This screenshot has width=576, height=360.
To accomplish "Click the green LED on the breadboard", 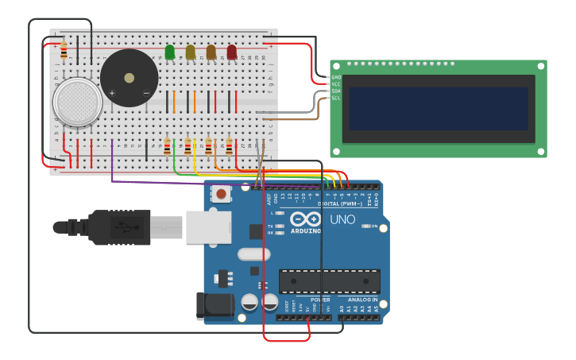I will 170,52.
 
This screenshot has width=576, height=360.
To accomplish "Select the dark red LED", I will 231,52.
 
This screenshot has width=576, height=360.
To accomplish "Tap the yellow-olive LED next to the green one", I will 191,52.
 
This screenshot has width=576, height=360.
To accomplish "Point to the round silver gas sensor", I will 77,101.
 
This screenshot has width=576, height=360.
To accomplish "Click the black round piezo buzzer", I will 129,77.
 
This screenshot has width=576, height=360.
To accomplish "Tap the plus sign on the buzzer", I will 112,93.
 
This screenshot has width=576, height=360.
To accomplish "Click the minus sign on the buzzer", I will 146,93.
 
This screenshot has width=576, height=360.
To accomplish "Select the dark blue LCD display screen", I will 438,109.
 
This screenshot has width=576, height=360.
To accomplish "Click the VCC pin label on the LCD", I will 335,83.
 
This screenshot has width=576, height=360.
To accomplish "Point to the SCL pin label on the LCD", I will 335,98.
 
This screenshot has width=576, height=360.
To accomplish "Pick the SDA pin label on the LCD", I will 335,91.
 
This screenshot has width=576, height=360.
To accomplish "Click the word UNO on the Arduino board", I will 342,219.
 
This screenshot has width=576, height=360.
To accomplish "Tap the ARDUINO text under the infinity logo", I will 306,231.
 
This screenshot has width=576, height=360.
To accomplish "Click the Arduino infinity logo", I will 306,219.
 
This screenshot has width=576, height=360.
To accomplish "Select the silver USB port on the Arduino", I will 208,226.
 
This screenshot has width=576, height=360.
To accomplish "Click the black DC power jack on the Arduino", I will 216,307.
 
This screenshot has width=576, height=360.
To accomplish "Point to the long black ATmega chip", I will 329,281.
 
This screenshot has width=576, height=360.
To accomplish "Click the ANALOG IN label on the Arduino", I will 364,300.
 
